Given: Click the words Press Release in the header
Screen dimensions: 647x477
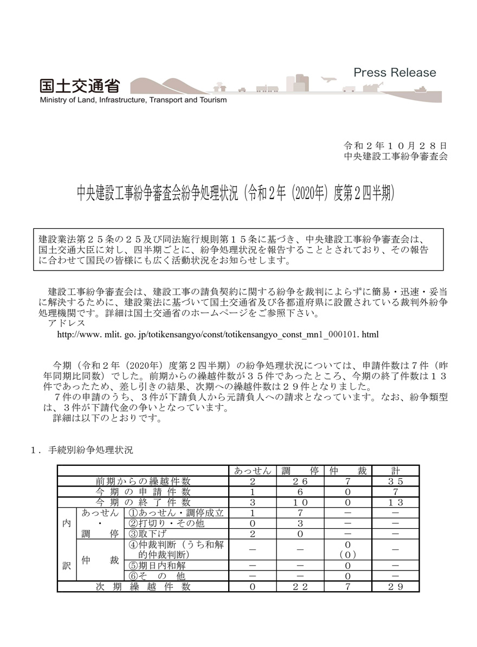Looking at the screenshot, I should tap(394, 73).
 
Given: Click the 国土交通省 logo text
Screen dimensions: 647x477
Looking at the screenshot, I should tap(79, 86).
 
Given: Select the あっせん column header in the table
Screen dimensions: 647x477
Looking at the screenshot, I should tap(253, 471).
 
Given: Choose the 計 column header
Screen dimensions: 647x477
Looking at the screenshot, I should tap(396, 471).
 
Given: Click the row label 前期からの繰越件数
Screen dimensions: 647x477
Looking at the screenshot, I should tap(143, 481).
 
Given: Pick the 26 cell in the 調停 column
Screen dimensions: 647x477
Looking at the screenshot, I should tap(300, 481).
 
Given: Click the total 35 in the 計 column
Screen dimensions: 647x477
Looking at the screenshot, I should tap(396, 481).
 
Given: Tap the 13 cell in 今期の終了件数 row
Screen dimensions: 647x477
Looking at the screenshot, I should tap(396, 502).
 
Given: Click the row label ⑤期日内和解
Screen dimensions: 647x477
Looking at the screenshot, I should tap(156, 565).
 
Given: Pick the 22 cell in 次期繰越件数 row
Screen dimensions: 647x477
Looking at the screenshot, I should tap(300, 586).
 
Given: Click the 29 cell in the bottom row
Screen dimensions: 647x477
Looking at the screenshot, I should tap(396, 586).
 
